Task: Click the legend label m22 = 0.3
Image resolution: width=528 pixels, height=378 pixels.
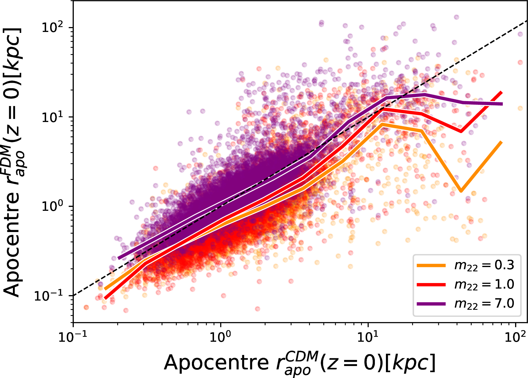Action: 484,265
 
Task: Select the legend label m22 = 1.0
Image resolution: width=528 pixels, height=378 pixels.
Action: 484,285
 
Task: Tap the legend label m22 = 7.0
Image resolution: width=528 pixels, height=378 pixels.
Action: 484,304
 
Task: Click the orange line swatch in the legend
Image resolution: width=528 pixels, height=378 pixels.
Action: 431,265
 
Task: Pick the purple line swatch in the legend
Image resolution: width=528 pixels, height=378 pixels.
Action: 431,304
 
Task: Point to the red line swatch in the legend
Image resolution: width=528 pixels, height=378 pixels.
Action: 431,285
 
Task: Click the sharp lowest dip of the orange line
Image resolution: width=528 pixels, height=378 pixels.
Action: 461,191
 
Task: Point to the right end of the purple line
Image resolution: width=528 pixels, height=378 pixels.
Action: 502,104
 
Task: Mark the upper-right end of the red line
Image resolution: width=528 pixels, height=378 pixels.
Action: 502,93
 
